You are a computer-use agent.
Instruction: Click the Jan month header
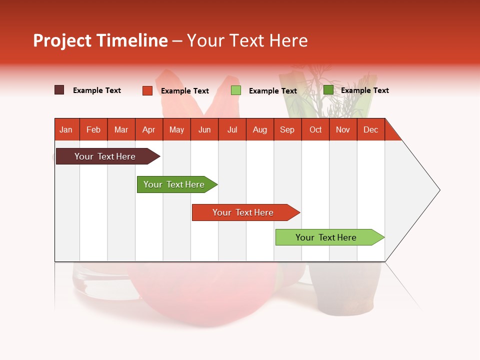click(x=66, y=129)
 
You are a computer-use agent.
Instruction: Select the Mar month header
click(x=121, y=129)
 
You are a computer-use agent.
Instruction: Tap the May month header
click(x=176, y=129)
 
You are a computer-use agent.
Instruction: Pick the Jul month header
click(x=232, y=129)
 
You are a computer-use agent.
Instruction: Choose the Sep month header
click(x=287, y=129)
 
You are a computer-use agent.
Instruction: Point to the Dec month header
click(x=370, y=129)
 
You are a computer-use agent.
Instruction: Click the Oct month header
click(x=315, y=129)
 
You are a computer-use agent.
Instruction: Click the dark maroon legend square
click(x=59, y=90)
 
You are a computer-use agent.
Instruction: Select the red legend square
click(x=147, y=90)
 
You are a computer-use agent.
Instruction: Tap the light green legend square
click(x=236, y=90)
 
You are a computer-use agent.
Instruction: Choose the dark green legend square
click(x=328, y=90)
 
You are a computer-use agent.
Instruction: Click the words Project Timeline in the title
click(x=100, y=40)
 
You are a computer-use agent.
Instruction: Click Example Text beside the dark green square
click(x=364, y=90)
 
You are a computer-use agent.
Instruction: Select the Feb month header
click(x=93, y=129)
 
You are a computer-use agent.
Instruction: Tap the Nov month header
click(x=343, y=129)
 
